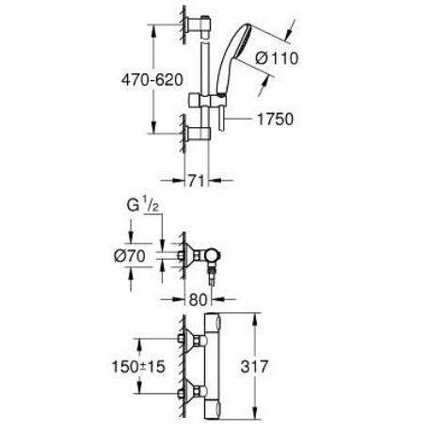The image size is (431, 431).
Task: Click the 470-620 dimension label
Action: click(x=152, y=80)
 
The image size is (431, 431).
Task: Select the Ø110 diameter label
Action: click(x=277, y=58)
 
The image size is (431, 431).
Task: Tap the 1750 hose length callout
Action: click(x=275, y=120)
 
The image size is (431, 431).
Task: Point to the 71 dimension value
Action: click(x=197, y=181)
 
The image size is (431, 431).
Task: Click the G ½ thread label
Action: click(x=142, y=205)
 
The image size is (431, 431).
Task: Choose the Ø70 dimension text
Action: click(x=130, y=256)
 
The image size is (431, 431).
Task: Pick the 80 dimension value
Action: click(x=198, y=300)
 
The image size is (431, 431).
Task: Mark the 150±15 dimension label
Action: click(x=138, y=366)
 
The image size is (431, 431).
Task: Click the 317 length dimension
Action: click(x=254, y=366)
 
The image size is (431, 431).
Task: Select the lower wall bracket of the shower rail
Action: click(x=198, y=135)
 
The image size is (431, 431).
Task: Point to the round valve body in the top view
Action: click(x=213, y=255)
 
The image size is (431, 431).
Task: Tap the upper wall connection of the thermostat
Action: click(x=193, y=340)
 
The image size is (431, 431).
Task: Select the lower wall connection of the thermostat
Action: click(x=193, y=391)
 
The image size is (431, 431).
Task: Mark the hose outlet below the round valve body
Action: click(x=212, y=273)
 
